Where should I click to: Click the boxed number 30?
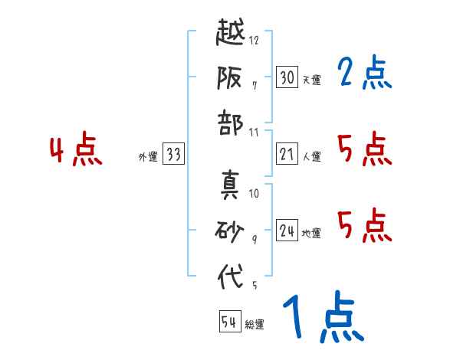point(287,77)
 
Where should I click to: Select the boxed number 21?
point(287,154)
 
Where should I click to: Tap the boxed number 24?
point(287,231)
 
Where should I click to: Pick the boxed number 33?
point(173,155)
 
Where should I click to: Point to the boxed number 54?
point(229,322)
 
